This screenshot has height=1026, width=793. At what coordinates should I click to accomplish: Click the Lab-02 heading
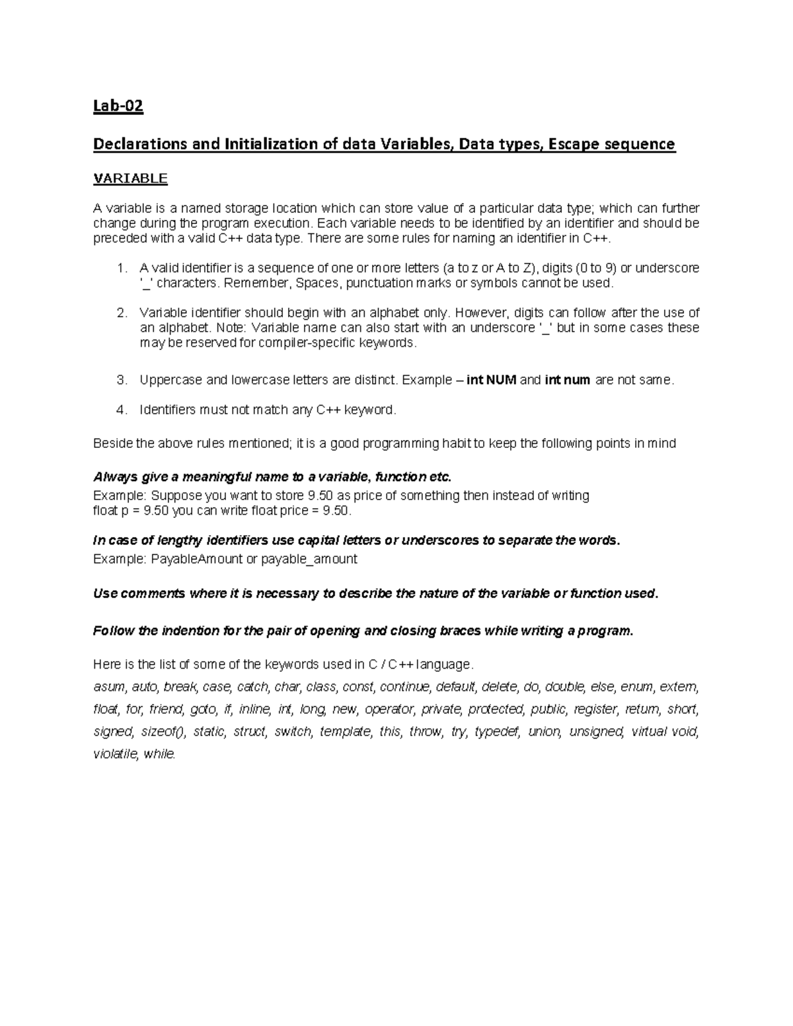tap(118, 106)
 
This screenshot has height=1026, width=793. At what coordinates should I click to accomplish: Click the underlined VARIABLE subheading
tap(130, 178)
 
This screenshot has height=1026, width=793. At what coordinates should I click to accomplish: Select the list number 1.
tap(120, 268)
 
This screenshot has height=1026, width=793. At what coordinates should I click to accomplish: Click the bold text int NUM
tap(492, 380)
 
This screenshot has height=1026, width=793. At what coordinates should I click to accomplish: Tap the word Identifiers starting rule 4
tap(168, 410)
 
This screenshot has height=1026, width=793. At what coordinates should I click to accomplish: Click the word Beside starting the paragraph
tap(113, 443)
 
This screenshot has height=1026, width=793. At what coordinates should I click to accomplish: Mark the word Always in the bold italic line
tap(114, 477)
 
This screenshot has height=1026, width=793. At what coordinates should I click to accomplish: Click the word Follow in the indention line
tap(114, 630)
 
